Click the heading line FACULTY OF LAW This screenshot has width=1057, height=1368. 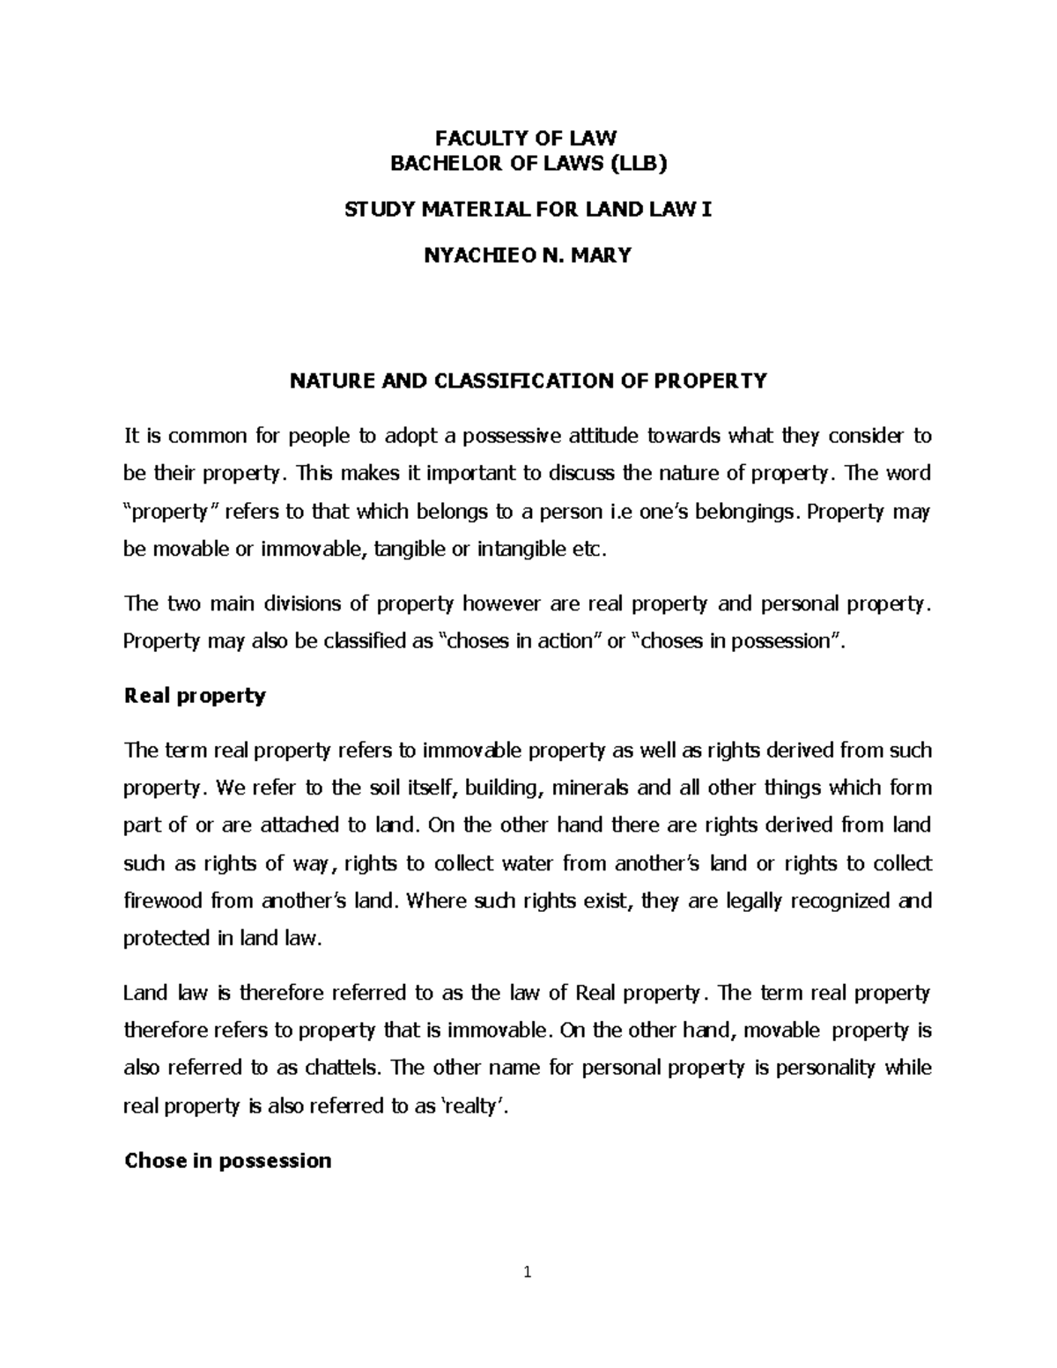coord(528,137)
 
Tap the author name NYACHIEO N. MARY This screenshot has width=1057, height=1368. coord(528,256)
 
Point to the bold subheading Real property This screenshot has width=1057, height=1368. coord(195,696)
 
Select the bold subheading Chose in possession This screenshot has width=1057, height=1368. coord(227,1160)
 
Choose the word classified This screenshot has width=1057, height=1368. coord(362,641)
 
